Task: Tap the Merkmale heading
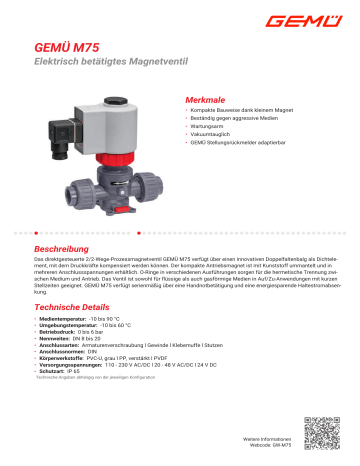coord(207,102)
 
